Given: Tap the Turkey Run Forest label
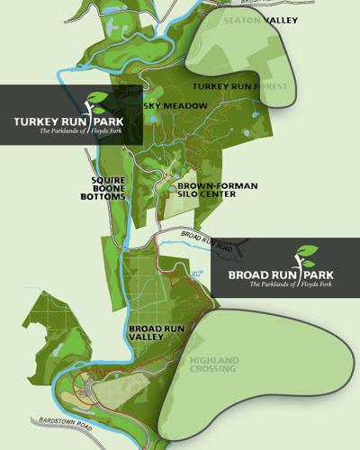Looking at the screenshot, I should click(245, 86).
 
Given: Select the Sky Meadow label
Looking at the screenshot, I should click(175, 106).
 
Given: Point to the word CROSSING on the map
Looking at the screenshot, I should click(212, 369).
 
